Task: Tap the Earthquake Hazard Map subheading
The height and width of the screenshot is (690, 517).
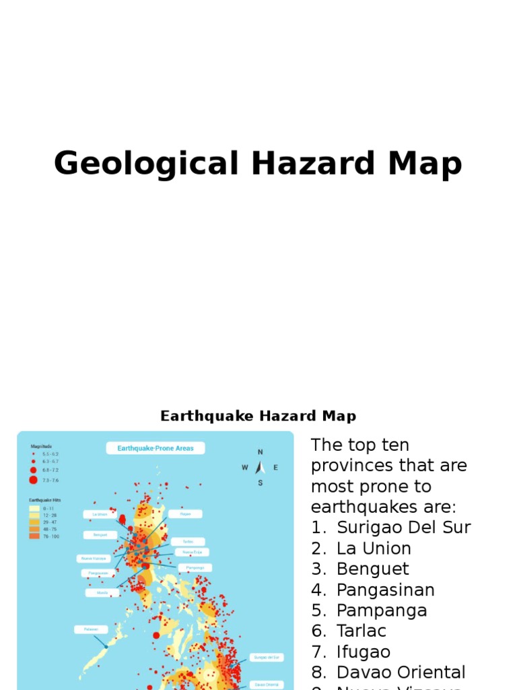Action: click(258, 416)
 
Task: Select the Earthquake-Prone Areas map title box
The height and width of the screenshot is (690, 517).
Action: click(155, 448)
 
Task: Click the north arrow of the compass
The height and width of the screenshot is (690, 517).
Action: click(260, 466)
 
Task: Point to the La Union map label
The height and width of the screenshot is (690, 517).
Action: click(100, 514)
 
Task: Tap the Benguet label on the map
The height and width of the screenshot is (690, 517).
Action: click(100, 535)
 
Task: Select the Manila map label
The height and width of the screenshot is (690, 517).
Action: click(102, 592)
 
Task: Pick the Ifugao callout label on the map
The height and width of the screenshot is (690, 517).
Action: click(185, 513)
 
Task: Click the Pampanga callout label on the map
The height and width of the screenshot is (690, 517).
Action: click(195, 567)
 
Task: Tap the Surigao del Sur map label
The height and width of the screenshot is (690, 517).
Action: click(266, 657)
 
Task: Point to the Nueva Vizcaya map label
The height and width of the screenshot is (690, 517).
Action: click(94, 558)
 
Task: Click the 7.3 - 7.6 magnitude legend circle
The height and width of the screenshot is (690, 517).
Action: click(33, 480)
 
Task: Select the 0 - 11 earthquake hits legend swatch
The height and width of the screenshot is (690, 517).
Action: click(34, 509)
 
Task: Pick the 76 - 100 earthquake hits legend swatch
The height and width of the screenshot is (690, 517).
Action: click(34, 536)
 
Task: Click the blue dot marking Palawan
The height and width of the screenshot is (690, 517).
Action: click(106, 646)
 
